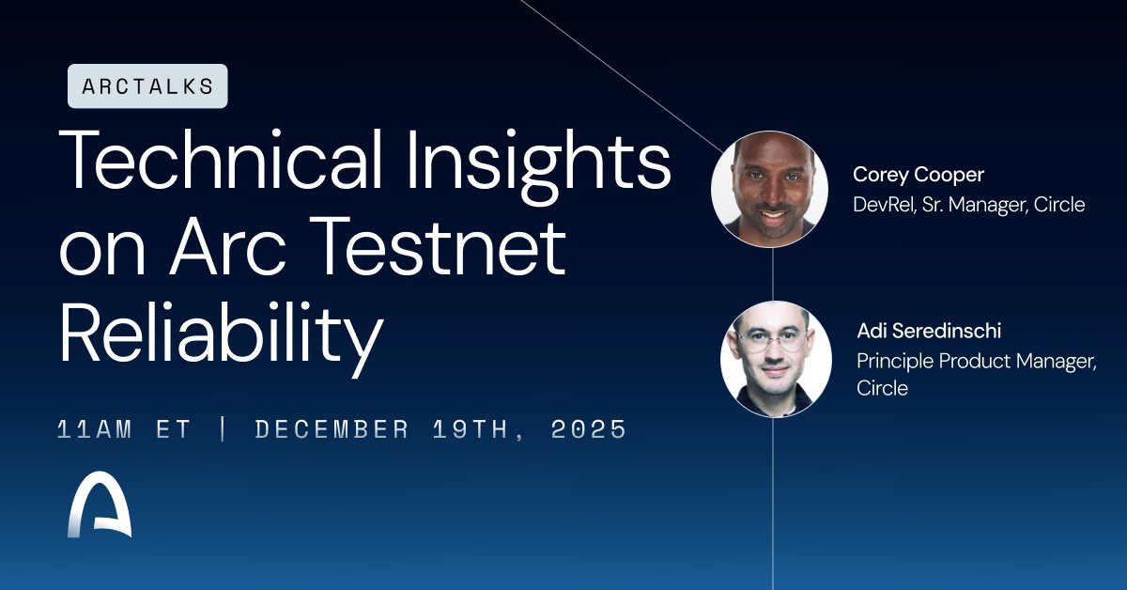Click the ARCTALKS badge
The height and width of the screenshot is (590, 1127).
pos(147,86)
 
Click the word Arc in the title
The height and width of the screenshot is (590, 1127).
pos(228,248)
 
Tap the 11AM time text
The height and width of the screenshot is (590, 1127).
pos(95,429)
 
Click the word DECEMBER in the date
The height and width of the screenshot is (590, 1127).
pos(332,429)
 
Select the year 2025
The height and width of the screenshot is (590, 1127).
pos(589,429)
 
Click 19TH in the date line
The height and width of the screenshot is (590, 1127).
pos(471,429)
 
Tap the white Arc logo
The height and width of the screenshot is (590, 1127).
pos(100,505)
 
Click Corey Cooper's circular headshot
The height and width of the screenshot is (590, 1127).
pos(769,189)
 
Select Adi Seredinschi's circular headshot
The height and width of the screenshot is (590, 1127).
pos(776,359)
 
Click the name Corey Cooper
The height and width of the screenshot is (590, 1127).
pos(919,175)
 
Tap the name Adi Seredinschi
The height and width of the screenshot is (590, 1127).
pos(929,331)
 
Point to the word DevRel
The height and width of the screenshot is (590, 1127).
pos(884,205)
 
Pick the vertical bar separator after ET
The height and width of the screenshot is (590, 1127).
pos(224,429)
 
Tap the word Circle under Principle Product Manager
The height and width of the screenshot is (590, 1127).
pos(883,389)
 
